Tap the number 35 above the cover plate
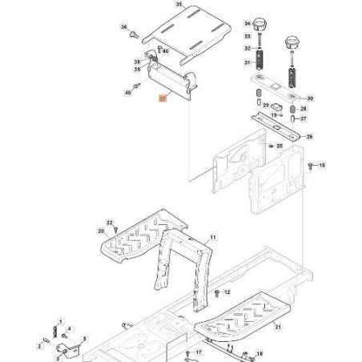(179, 5)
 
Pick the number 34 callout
(247, 23)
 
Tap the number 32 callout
(247, 49)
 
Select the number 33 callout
(247, 36)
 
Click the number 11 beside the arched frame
(213, 238)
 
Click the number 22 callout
(110, 222)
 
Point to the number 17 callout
(199, 352)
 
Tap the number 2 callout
(38, 346)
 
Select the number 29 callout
(245, 105)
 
